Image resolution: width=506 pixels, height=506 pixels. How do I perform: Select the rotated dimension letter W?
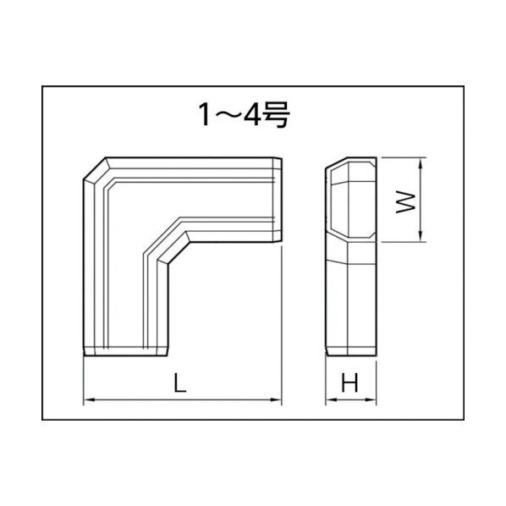pos(406,201)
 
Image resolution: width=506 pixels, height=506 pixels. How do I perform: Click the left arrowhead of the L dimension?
pos(87,399)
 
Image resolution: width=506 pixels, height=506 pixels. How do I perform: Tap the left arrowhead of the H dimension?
pos(329,399)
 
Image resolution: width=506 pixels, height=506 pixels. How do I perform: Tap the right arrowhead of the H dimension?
pos(372,399)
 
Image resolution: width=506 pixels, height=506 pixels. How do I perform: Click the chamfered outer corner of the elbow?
pos(94,169)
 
